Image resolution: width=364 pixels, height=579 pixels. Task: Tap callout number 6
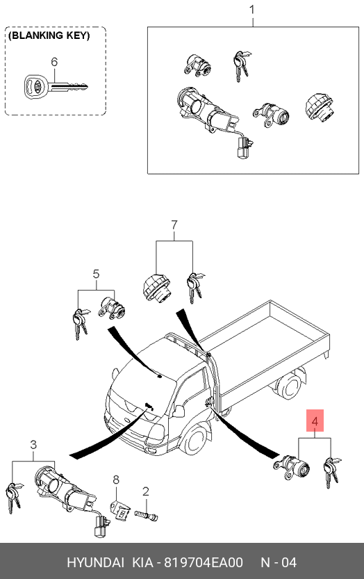coord(54,62)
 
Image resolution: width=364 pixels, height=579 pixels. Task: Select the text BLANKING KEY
coord(49,36)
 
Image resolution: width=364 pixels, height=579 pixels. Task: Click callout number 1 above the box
coord(253,10)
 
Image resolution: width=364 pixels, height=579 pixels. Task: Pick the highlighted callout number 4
coord(315,421)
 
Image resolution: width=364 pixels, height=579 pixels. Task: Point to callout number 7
coord(174,225)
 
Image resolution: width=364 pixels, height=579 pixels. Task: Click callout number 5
coord(96,274)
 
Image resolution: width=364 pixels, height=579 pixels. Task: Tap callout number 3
coord(33,445)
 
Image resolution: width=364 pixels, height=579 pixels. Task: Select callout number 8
coord(116,480)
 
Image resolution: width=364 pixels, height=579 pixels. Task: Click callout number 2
coord(146,491)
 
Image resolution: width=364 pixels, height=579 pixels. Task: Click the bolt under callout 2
coord(146,515)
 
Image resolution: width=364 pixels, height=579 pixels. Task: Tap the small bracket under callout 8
coord(120,510)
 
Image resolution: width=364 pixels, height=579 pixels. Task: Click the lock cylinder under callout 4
coord(292,468)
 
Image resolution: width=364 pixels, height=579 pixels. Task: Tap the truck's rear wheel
coord(290,387)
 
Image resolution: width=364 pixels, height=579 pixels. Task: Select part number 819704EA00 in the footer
coord(204,562)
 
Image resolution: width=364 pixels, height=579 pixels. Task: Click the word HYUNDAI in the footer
coord(96,562)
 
